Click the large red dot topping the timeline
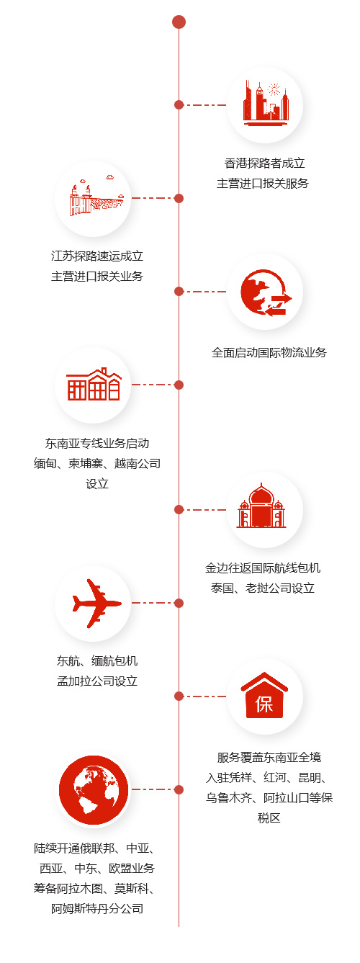(x=179, y=22)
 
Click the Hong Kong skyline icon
(x=265, y=103)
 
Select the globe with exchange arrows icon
(x=266, y=292)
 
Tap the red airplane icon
(x=96, y=603)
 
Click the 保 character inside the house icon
(x=264, y=704)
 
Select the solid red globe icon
(x=94, y=789)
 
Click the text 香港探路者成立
(x=265, y=164)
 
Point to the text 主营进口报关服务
(x=263, y=184)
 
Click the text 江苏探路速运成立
(x=97, y=256)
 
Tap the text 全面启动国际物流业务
(x=269, y=352)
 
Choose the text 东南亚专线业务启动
(x=97, y=443)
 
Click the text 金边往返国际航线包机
(x=263, y=568)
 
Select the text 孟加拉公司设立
(x=97, y=681)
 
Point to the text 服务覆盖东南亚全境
(x=269, y=757)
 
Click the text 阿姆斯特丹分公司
(x=97, y=908)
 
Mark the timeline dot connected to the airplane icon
(x=179, y=603)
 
